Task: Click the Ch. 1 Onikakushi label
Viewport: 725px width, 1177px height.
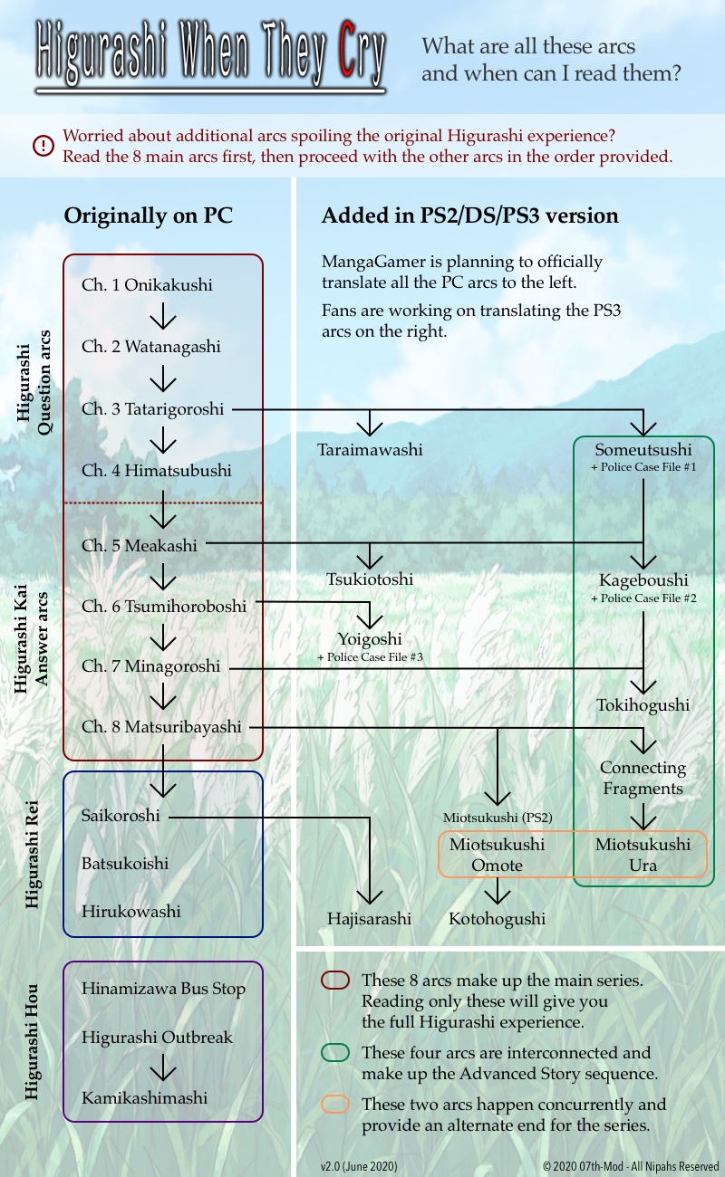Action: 147,285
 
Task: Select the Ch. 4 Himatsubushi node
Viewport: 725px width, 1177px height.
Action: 157,471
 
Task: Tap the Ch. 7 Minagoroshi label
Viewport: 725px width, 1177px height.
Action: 151,666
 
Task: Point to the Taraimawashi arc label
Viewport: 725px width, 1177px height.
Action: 370,449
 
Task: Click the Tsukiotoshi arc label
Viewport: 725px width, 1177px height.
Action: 370,579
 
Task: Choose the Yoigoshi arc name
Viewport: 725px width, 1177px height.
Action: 370,639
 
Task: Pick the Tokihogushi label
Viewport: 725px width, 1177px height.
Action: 643,705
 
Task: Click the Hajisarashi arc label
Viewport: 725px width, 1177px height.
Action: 369,919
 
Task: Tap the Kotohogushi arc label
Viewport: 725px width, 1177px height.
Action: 497,919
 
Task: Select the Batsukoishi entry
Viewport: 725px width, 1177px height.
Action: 125,864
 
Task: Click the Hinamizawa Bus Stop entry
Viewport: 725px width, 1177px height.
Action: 163,989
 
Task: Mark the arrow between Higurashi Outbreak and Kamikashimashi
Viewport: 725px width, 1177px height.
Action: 162,1068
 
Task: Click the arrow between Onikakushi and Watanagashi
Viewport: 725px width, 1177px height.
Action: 162,316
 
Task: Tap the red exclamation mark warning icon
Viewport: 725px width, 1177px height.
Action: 43,145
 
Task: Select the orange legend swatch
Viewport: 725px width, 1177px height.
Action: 335,1105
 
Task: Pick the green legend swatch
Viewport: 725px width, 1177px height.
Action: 335,1053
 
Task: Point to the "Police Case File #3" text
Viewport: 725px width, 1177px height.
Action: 370,657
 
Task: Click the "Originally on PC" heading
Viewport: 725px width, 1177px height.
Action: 148,216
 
